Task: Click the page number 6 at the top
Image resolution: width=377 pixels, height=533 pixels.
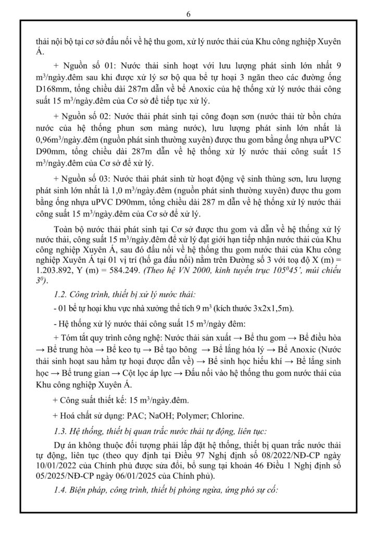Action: tap(188, 14)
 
